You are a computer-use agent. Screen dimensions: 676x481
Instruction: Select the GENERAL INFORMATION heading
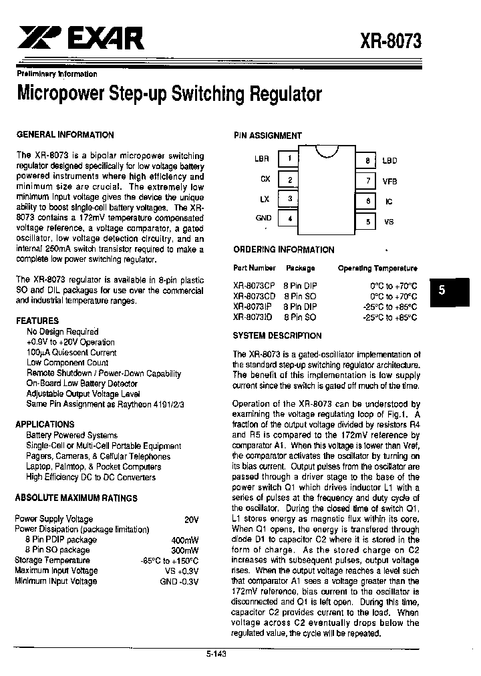click(65, 134)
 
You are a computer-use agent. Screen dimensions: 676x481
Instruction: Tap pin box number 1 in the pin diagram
click(289, 159)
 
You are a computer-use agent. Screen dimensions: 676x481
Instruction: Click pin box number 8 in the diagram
click(367, 161)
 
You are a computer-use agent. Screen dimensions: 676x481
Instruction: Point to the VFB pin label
click(389, 181)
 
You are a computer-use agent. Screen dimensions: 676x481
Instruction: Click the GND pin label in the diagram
click(263, 218)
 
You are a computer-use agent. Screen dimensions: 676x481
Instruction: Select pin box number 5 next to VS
click(367, 222)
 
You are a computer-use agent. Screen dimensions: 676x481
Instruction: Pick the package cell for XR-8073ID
click(299, 317)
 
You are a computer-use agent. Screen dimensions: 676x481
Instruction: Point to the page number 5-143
click(216, 654)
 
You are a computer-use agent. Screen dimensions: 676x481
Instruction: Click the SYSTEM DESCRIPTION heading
click(277, 335)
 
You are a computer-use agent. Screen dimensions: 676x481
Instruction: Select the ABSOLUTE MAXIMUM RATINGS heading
click(76, 498)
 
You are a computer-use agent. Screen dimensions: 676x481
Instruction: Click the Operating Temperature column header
click(377, 268)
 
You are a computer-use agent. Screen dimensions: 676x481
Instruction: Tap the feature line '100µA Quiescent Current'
click(71, 352)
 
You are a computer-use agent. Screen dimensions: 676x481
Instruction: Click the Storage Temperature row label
click(52, 560)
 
